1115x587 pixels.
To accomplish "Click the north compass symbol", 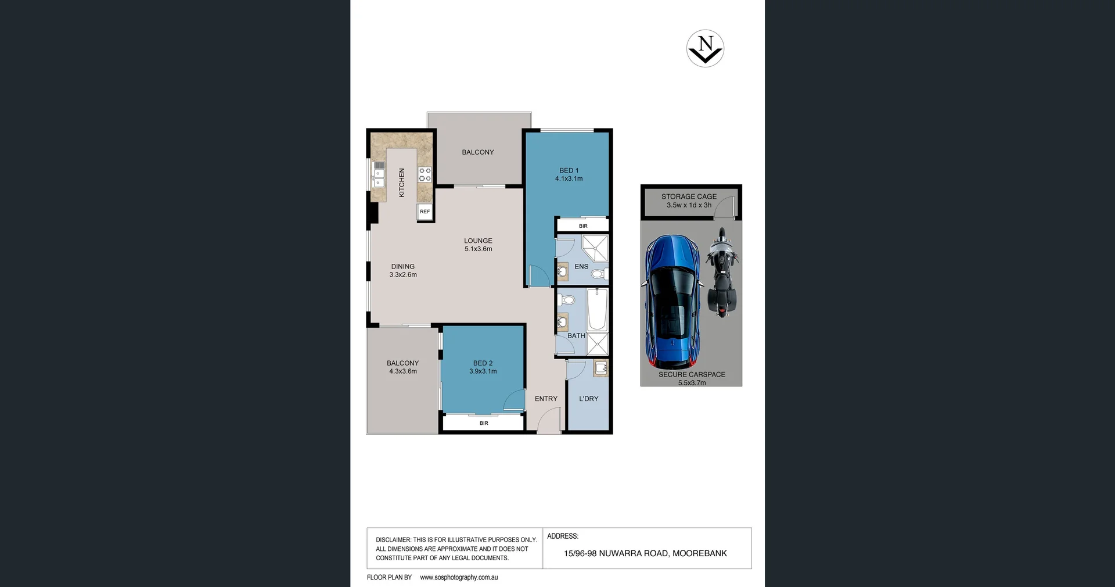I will tap(705, 48).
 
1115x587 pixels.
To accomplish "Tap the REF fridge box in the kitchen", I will tap(425, 212).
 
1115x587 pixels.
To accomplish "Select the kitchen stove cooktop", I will tap(425, 174).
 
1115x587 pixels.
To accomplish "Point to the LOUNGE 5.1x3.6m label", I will tap(478, 245).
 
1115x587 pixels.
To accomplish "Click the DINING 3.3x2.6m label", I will tap(403, 271).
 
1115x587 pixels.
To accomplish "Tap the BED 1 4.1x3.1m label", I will tap(569, 174).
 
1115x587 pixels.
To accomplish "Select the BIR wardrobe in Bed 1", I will tap(582, 226).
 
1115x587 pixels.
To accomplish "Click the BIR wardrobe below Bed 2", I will tap(484, 423).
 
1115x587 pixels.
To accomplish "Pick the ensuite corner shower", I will tap(595, 248).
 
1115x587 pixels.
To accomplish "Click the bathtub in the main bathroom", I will tap(597, 309).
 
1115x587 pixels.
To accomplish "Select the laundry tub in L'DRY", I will tap(601, 368).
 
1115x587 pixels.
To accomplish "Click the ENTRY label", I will tap(546, 399).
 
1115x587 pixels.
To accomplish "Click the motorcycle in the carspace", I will tap(722, 273).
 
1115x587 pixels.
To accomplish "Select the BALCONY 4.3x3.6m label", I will tap(403, 367).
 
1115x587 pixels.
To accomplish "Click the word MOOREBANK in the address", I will tap(699, 553).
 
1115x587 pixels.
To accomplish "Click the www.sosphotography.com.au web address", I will tap(459, 577).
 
